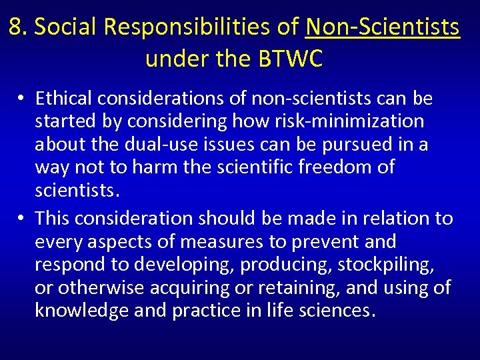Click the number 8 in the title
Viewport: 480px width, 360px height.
click(17, 27)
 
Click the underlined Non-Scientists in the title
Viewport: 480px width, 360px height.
click(383, 27)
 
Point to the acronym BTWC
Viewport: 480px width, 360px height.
click(290, 59)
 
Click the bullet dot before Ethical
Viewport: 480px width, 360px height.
click(22, 99)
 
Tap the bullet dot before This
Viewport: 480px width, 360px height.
click(22, 218)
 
